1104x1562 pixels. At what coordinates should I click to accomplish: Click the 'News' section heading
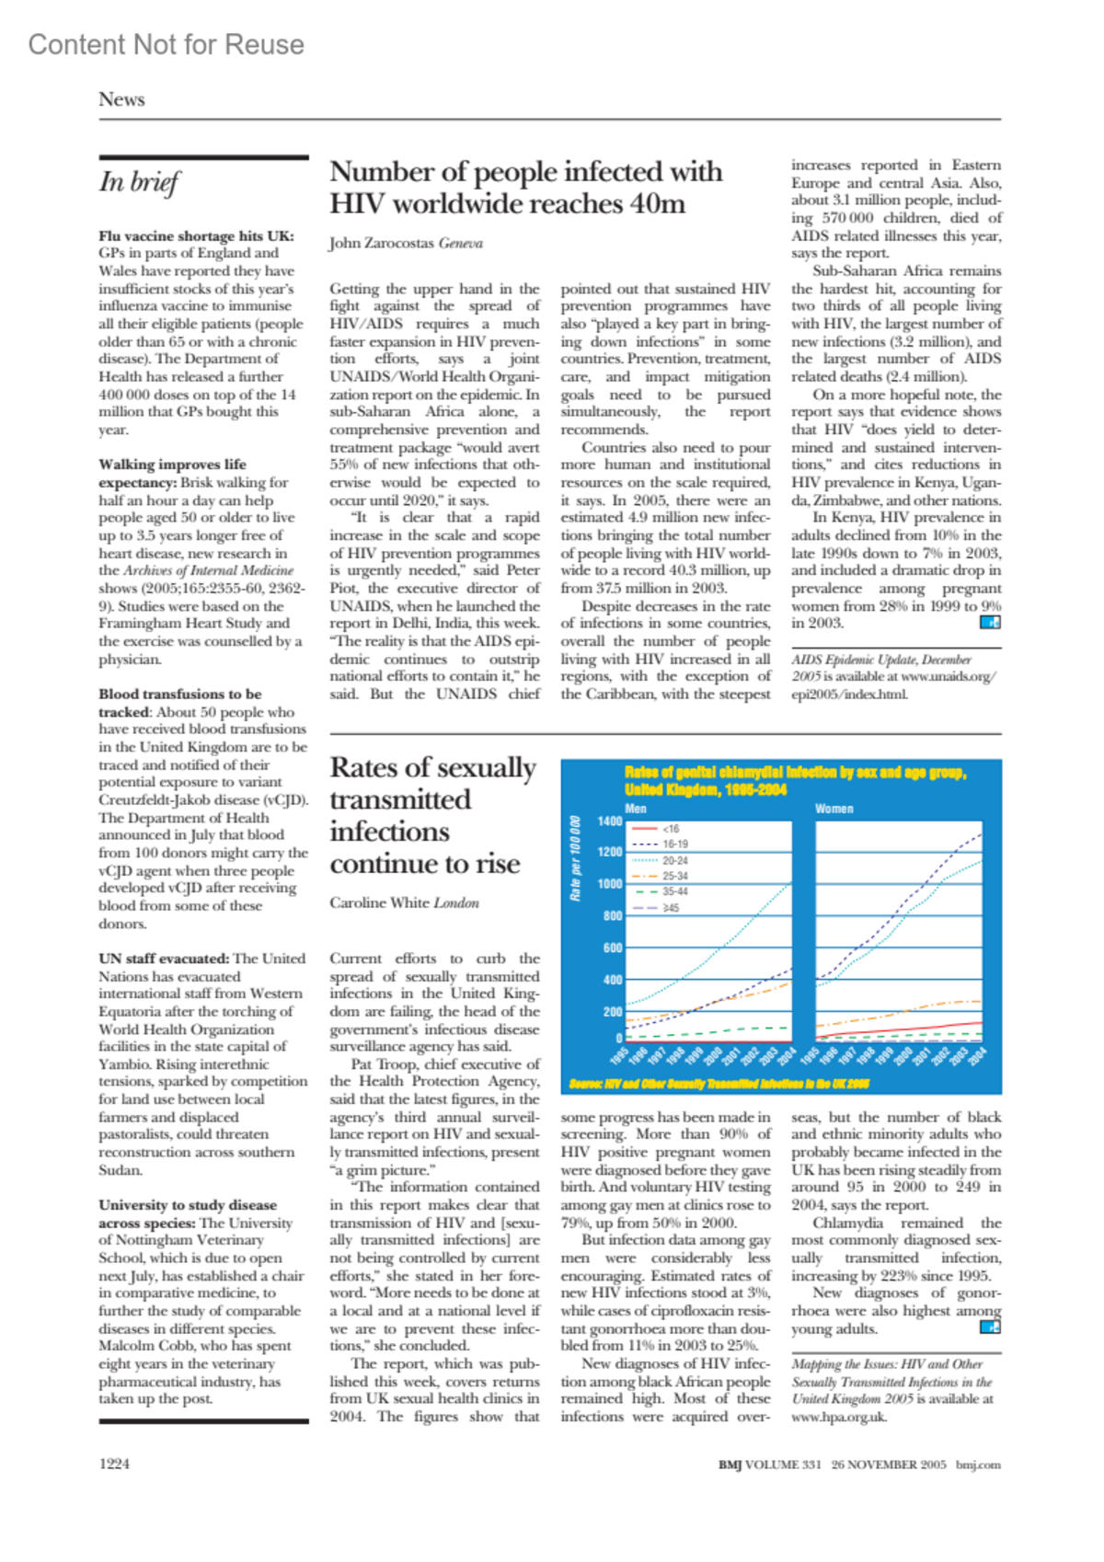pyautogui.click(x=121, y=99)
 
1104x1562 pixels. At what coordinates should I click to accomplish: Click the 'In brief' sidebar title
pyautogui.click(x=140, y=182)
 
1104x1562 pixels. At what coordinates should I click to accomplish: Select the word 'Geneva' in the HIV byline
pyautogui.click(x=460, y=243)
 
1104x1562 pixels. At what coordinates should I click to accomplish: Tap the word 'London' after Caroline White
pyautogui.click(x=456, y=902)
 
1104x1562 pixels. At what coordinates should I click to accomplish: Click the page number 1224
pyautogui.click(x=114, y=1464)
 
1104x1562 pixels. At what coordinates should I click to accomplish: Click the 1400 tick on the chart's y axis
pyautogui.click(x=609, y=821)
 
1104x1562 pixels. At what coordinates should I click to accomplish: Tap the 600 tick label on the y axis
pyautogui.click(x=613, y=948)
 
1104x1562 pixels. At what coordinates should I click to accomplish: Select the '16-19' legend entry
pyautogui.click(x=674, y=844)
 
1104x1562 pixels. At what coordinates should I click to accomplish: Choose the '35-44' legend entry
pyautogui.click(x=674, y=891)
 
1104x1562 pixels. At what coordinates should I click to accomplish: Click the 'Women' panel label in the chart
pyautogui.click(x=834, y=809)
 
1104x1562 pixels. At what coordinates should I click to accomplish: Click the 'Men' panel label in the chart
pyautogui.click(x=636, y=809)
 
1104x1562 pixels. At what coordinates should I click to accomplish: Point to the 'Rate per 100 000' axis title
pyautogui.click(x=576, y=859)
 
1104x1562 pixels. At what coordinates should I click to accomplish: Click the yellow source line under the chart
pyautogui.click(x=719, y=1084)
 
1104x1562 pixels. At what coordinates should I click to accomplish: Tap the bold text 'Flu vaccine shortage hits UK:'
pyautogui.click(x=196, y=235)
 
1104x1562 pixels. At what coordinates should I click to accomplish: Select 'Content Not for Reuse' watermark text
pyautogui.click(x=166, y=44)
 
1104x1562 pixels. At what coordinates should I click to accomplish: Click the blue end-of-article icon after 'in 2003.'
pyautogui.click(x=990, y=622)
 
